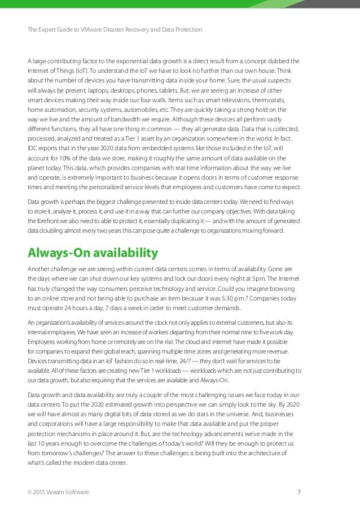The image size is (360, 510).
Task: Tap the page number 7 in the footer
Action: click(x=298, y=492)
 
